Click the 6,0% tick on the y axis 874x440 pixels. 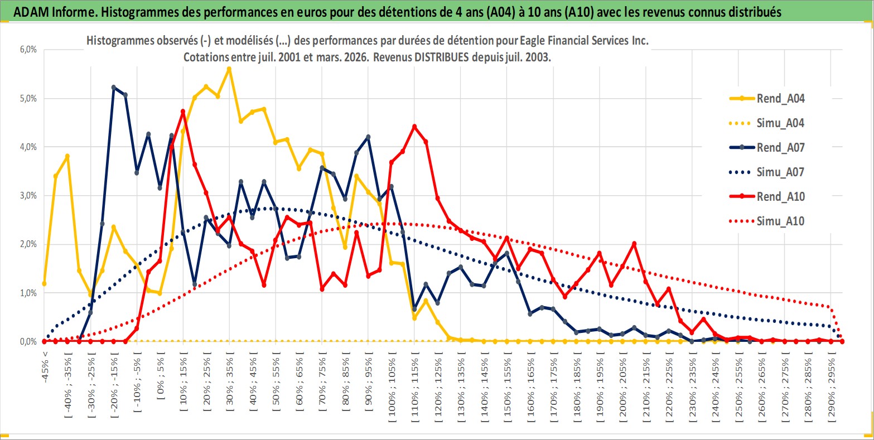point(28,49)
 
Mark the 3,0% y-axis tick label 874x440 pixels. point(28,196)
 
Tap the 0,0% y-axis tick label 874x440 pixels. point(28,341)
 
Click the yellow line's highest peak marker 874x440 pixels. point(229,69)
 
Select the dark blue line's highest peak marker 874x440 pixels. point(113,88)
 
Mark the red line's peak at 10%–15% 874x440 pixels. point(183,112)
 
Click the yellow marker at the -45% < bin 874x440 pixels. point(44,283)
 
